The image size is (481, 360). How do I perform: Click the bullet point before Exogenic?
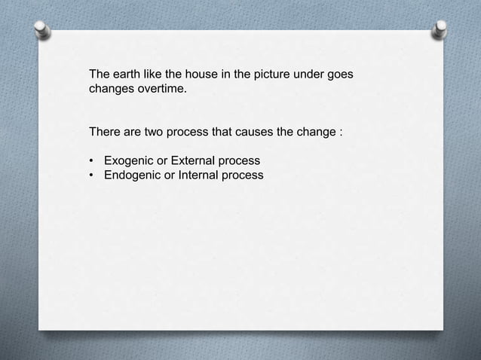[x=92, y=162]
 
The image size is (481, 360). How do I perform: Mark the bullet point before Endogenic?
[x=92, y=176]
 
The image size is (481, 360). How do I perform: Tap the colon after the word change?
[x=341, y=134]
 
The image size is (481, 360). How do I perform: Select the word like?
[x=154, y=75]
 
